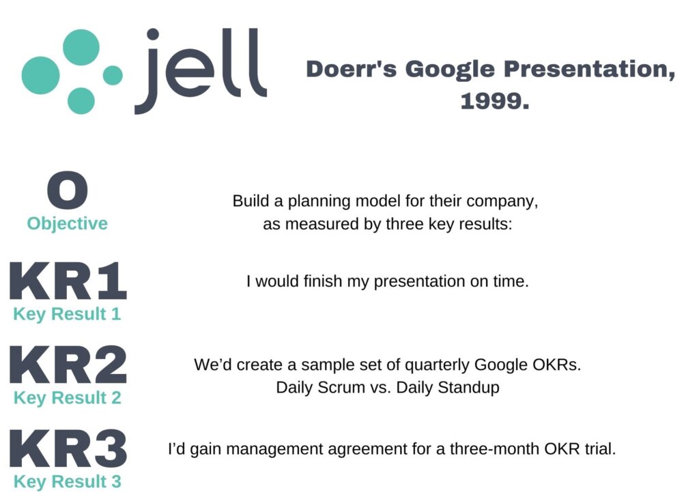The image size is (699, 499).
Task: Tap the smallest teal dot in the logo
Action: click(x=113, y=75)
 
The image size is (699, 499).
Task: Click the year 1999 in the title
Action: click(x=495, y=101)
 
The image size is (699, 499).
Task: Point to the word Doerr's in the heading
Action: click(x=352, y=69)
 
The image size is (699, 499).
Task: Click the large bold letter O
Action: click(x=68, y=190)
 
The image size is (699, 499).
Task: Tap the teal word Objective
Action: click(x=68, y=224)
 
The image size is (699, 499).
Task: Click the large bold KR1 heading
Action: click(x=68, y=281)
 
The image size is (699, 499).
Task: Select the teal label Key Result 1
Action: click(x=68, y=314)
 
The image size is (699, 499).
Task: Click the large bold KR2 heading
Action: click(x=68, y=365)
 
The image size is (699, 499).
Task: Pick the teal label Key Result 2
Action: click(x=68, y=398)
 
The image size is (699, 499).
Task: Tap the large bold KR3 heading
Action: click(x=68, y=448)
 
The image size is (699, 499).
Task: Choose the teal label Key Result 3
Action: click(x=68, y=482)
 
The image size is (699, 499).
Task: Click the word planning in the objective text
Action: click(x=319, y=201)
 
